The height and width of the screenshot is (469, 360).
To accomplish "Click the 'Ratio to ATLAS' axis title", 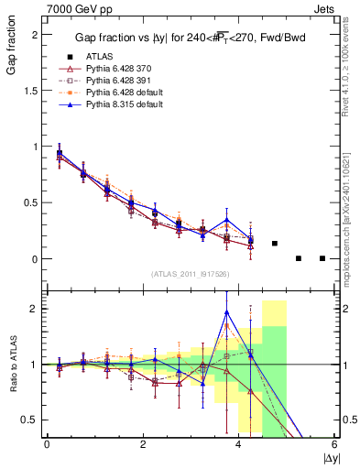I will tap(10, 365).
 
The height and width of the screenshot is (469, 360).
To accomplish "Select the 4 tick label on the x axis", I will tap(239, 443).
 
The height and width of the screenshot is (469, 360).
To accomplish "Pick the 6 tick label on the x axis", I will tap(335, 443).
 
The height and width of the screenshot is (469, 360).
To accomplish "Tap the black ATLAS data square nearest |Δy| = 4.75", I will tap(275, 244).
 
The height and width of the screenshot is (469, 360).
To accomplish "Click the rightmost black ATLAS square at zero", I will tap(322, 258).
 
